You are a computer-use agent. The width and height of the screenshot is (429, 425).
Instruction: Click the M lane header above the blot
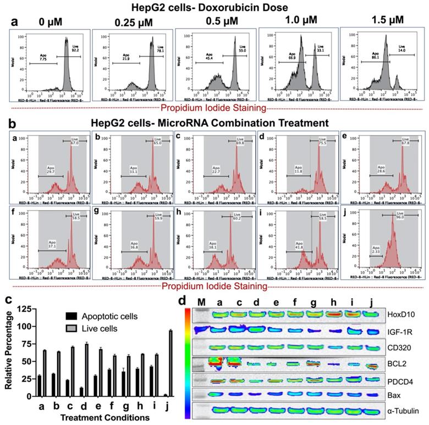(x=201, y=301)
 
